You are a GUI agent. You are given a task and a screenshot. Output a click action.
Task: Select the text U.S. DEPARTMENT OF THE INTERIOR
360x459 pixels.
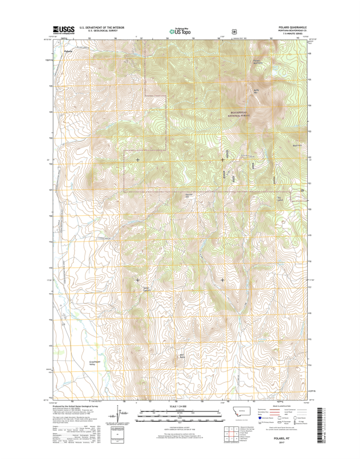pos(103,27)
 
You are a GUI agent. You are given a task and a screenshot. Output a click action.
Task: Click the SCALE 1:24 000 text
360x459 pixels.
pos(179,406)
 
